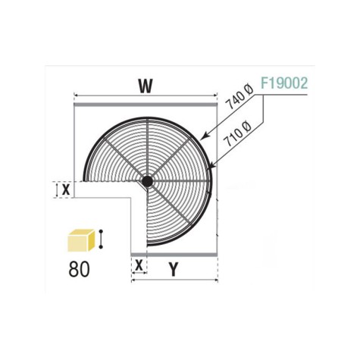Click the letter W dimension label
146,86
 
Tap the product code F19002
284,83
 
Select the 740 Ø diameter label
239,97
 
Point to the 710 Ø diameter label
238,134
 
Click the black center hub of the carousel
147,181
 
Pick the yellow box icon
81,241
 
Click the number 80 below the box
79,269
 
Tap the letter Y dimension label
173,269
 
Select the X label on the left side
66,189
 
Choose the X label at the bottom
139,265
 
